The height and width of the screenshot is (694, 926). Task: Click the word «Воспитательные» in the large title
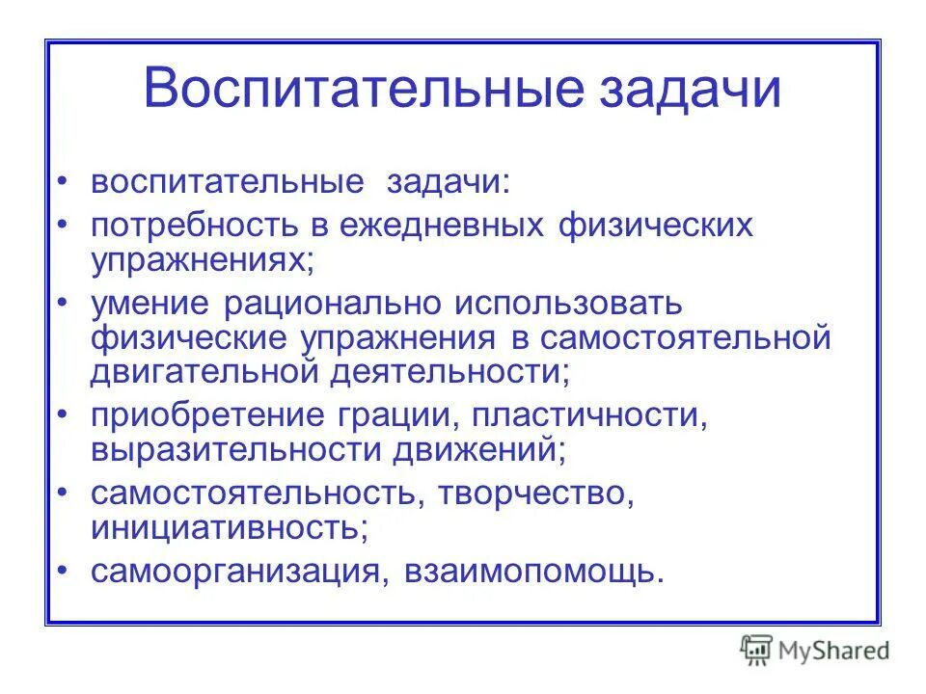click(365, 89)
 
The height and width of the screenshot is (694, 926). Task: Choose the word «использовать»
click(568, 305)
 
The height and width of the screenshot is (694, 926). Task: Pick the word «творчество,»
click(536, 495)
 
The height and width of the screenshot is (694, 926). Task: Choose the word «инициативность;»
click(230, 527)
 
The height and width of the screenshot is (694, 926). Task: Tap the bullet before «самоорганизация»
click(63, 569)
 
